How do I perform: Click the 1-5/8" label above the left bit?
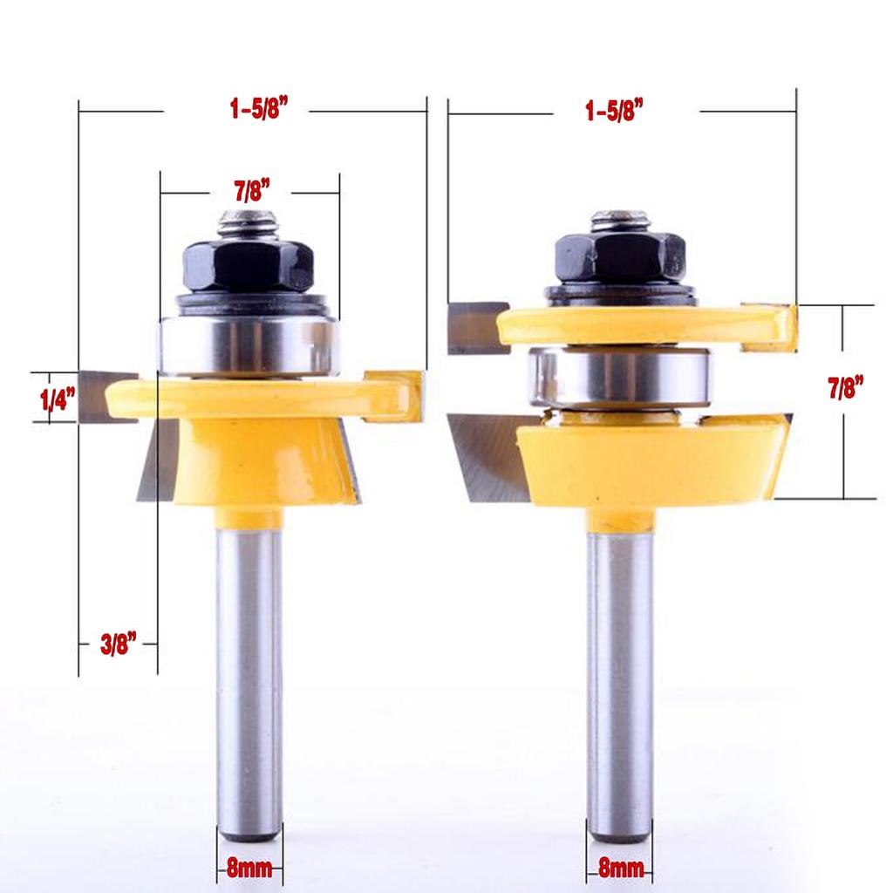(259, 107)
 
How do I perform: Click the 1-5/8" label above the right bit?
(614, 110)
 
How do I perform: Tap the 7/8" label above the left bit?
(252, 191)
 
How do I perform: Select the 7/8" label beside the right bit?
(845, 387)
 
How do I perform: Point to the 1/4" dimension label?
(58, 399)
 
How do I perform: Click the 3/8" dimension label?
(119, 644)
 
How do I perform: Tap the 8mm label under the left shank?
(249, 868)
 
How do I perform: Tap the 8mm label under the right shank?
(621, 868)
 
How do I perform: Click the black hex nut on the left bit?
(249, 265)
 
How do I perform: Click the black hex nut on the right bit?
(620, 258)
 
